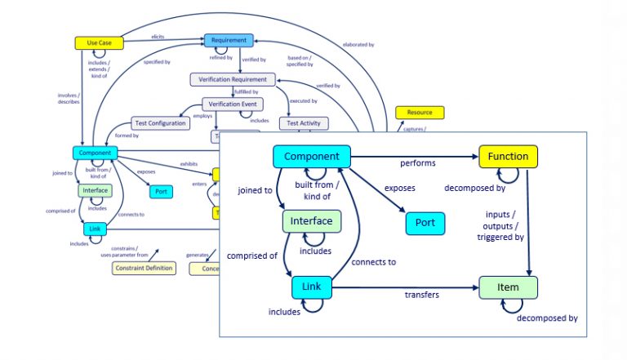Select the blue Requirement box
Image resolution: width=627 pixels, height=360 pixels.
click(229, 40)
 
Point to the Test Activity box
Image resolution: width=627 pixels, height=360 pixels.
click(304, 123)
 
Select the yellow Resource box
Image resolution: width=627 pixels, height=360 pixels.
click(419, 112)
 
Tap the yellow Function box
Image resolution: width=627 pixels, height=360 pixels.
click(508, 156)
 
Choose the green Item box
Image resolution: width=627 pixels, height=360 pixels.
click(508, 287)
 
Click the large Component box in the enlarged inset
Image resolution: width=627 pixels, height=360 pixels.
click(312, 156)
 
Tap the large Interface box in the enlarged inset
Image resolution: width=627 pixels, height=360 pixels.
click(312, 220)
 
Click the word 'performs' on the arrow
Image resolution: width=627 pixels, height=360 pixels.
click(417, 163)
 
